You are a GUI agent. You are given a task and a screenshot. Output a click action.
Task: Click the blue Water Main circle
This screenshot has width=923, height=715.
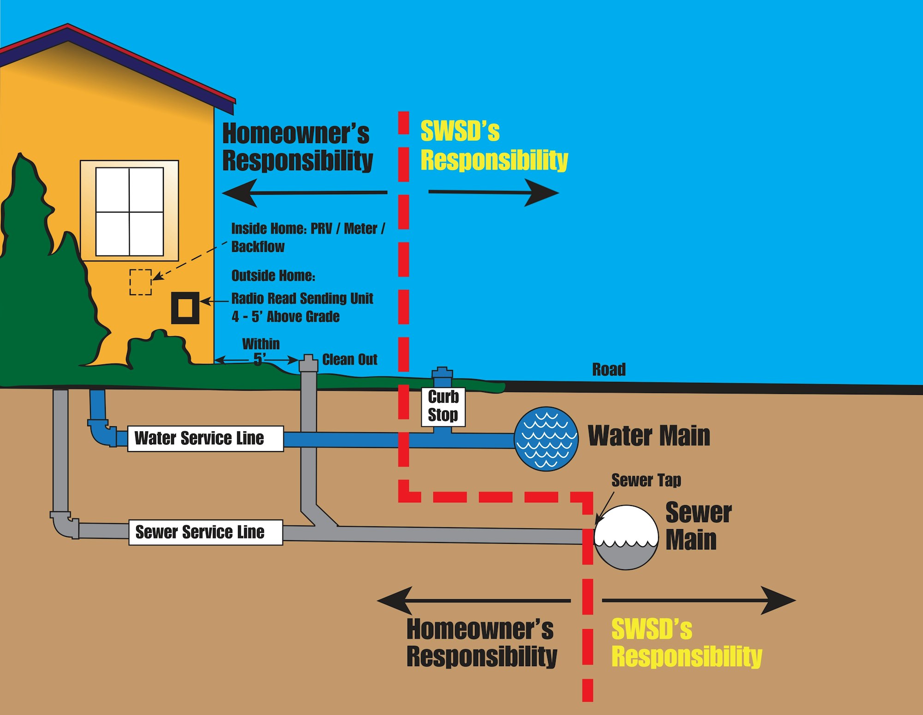click(x=546, y=439)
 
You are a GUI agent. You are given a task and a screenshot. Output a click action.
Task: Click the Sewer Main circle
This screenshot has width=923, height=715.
click(x=626, y=537)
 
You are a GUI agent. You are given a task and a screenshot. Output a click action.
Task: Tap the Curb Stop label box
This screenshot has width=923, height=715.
click(x=443, y=406)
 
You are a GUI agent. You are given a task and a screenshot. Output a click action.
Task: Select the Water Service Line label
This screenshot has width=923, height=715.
click(x=205, y=438)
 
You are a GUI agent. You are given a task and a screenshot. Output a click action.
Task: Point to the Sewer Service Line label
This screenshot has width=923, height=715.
click(x=205, y=532)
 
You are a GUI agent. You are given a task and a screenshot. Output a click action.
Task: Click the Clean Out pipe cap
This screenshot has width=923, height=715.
click(x=308, y=363)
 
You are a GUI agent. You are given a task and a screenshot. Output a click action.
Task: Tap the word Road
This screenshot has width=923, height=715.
click(x=609, y=369)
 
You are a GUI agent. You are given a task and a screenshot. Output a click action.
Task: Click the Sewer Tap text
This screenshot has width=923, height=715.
click(x=646, y=480)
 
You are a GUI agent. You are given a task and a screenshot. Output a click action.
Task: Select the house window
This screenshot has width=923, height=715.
click(x=129, y=211)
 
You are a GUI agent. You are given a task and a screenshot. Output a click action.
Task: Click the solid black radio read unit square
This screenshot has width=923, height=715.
click(x=185, y=308)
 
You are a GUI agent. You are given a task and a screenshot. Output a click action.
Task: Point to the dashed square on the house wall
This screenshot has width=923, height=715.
click(x=140, y=282)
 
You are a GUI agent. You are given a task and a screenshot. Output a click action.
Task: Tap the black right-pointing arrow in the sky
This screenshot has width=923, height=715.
click(x=494, y=192)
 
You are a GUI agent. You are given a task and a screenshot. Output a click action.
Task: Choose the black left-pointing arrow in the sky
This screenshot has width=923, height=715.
click(x=305, y=192)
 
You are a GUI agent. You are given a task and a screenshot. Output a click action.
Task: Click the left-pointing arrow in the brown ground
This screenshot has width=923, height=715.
click(x=473, y=601)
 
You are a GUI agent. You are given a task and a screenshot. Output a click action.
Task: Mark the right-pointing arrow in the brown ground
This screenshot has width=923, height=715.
click(x=699, y=600)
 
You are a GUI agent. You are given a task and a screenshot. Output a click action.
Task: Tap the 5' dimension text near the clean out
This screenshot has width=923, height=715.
click(x=259, y=359)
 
